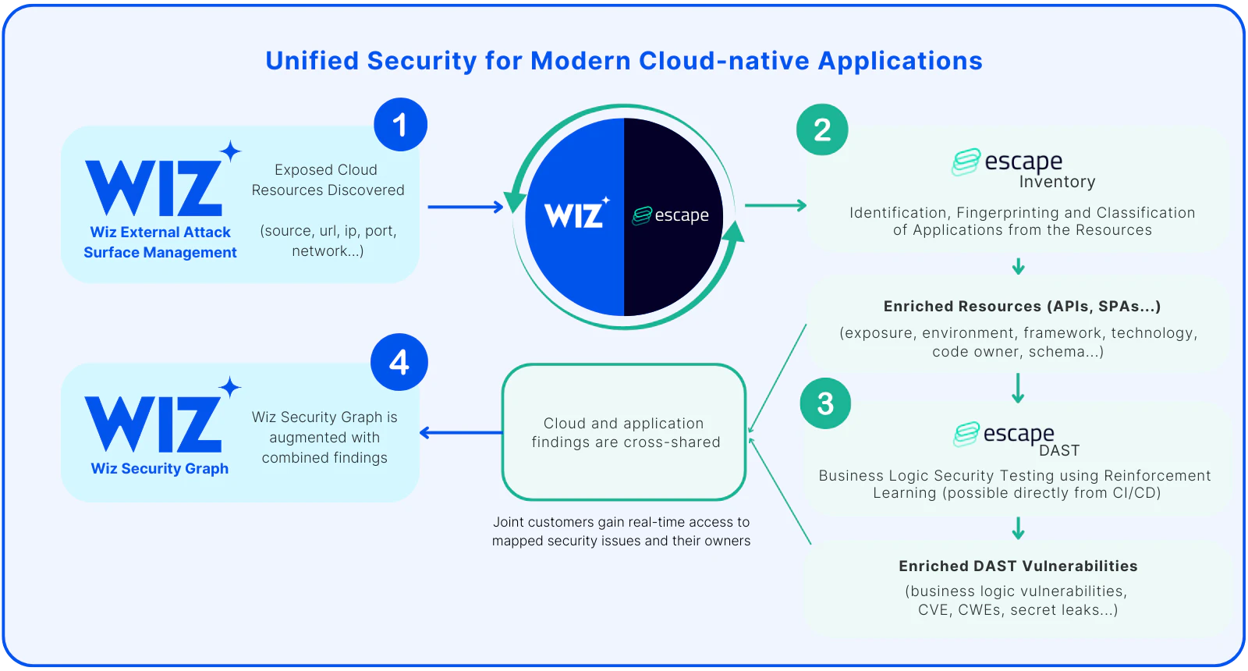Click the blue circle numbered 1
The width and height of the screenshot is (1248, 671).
[x=400, y=125]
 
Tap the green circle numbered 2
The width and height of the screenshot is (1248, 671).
[x=822, y=130]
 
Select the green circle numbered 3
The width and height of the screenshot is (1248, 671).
[x=825, y=403]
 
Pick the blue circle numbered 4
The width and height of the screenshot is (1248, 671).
[x=399, y=362]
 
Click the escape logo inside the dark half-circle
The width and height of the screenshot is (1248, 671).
[x=672, y=215]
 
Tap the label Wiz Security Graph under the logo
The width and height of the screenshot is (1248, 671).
[x=160, y=468]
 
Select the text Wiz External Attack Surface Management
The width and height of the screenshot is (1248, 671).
[x=160, y=242]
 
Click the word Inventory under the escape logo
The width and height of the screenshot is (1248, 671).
[x=1057, y=182]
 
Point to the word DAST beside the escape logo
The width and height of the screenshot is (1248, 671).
[x=1059, y=450]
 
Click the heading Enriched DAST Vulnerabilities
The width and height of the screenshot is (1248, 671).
[x=1018, y=566]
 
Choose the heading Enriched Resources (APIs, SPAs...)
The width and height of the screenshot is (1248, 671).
[x=1022, y=306]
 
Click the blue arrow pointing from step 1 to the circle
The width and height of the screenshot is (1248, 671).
[x=466, y=207]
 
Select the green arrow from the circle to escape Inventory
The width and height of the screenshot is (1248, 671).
[x=775, y=205]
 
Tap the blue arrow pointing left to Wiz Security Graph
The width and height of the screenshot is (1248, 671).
[x=460, y=432]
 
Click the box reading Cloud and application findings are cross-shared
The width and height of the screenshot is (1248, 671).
[x=625, y=432]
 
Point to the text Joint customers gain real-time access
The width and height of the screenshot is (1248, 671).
[x=621, y=522]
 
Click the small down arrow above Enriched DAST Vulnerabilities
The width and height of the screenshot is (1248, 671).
[x=1018, y=528]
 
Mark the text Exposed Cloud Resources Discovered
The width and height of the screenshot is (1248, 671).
[x=328, y=180]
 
